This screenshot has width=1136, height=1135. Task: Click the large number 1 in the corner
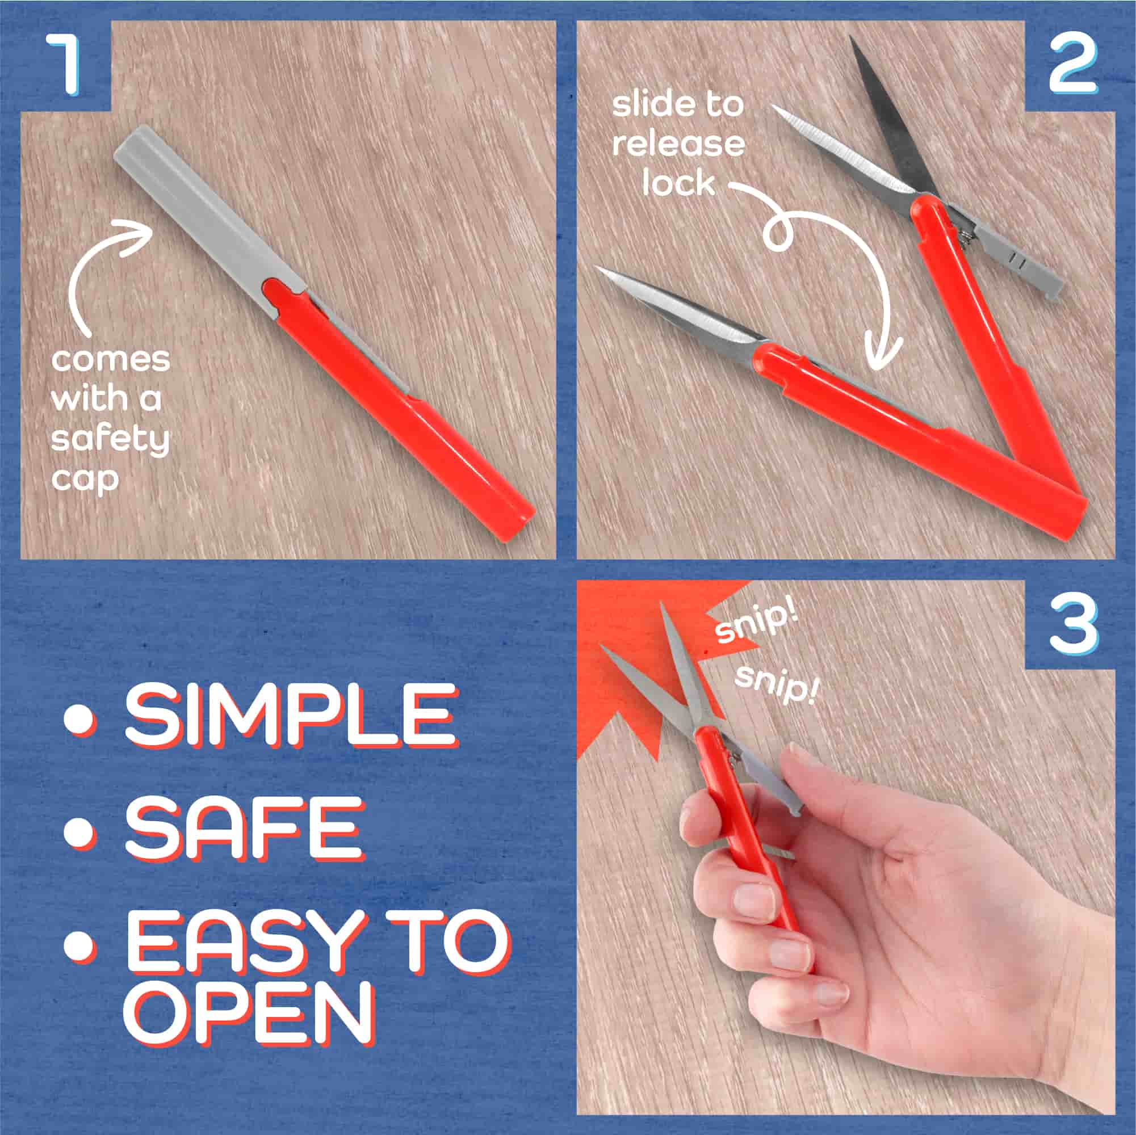click(65, 64)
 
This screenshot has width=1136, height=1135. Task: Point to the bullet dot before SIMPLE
click(79, 718)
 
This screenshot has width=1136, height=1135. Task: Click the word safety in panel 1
click(110, 441)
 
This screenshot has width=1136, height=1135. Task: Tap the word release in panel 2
click(678, 145)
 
